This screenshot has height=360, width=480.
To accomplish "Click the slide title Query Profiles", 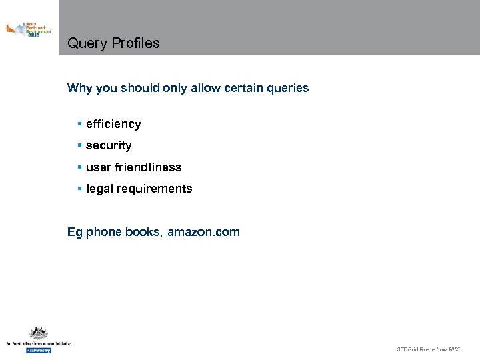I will [113, 43].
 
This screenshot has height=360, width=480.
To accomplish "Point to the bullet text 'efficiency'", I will [113, 124].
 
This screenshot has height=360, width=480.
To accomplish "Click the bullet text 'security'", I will [109, 145].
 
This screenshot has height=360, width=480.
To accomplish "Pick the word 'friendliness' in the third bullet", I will [148, 167].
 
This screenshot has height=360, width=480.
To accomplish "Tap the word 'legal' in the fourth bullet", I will [99, 189].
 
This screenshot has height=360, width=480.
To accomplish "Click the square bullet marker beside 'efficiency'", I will [79, 124].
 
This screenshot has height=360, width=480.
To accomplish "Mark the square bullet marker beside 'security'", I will [79, 145].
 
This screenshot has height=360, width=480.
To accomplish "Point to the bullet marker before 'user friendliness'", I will [79, 167].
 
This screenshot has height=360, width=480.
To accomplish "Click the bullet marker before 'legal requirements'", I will [79, 189].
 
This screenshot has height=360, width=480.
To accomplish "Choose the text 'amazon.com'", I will [203, 233].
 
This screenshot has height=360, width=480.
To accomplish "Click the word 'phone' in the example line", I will [103, 233].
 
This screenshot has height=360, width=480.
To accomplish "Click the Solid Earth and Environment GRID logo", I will [29, 30].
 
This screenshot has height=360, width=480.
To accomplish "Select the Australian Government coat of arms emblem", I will [38, 333].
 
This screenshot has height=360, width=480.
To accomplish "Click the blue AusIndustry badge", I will [38, 350].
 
